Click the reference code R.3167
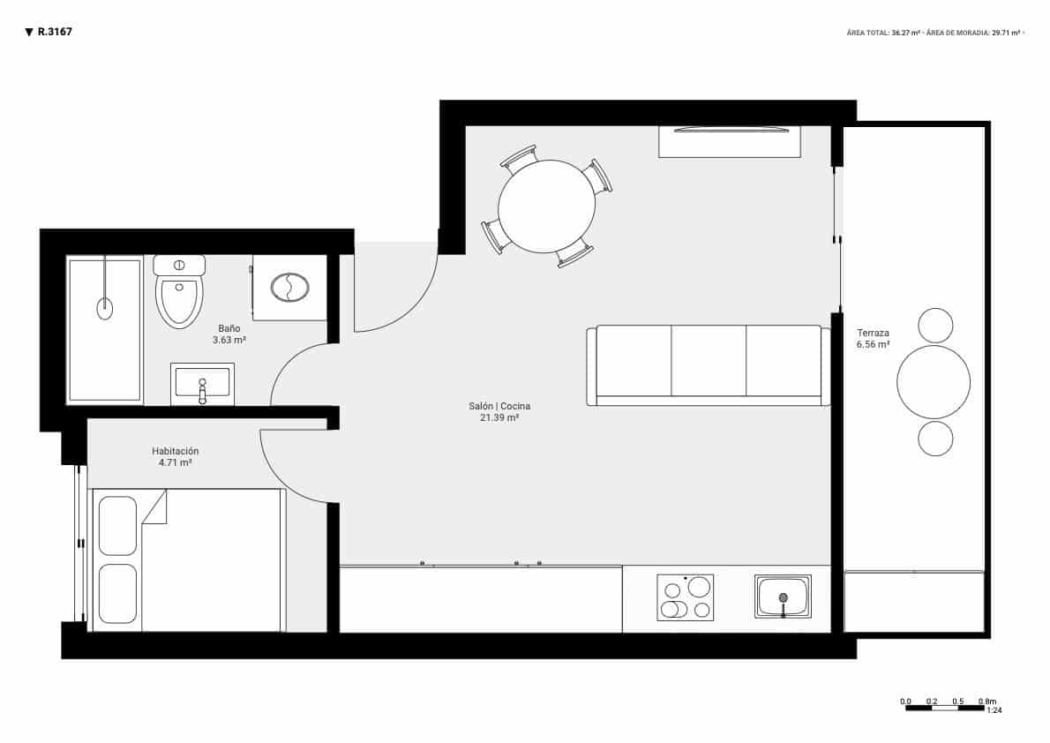[55, 32]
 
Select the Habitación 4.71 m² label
[175, 456]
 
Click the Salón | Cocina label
[499, 412]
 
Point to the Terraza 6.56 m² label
[873, 339]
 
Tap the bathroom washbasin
[202, 384]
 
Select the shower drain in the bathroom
[105, 308]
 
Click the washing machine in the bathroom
[289, 288]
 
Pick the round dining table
[546, 207]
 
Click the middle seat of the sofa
[709, 362]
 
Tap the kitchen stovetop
[686, 597]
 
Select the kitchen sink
[783, 597]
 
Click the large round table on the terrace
[934, 382]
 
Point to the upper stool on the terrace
[935, 325]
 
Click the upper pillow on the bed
[117, 525]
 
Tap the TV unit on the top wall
[730, 141]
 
